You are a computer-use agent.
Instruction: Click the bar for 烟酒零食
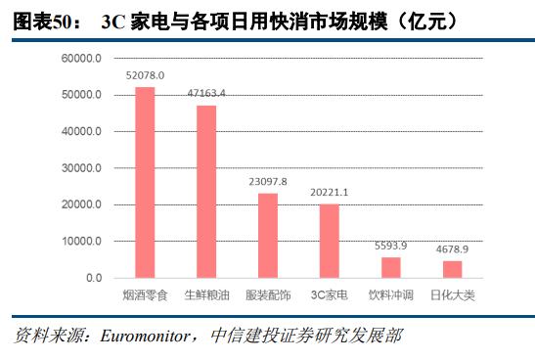145,183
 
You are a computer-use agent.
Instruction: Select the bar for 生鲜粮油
206,192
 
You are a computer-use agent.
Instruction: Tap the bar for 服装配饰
267,236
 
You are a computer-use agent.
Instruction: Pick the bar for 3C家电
329,241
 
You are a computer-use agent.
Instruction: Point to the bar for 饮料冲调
390,267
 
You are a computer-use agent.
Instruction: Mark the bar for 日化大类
452,269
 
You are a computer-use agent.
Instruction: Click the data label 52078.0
145,75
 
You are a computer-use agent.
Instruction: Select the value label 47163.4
206,93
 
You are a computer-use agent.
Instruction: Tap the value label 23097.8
267,182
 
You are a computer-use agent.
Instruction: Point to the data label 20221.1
329,193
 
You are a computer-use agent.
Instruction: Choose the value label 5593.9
390,247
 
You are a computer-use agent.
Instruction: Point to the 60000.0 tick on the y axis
81,59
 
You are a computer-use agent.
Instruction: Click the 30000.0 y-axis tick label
81,168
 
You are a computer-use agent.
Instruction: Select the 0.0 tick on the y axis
93,278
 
